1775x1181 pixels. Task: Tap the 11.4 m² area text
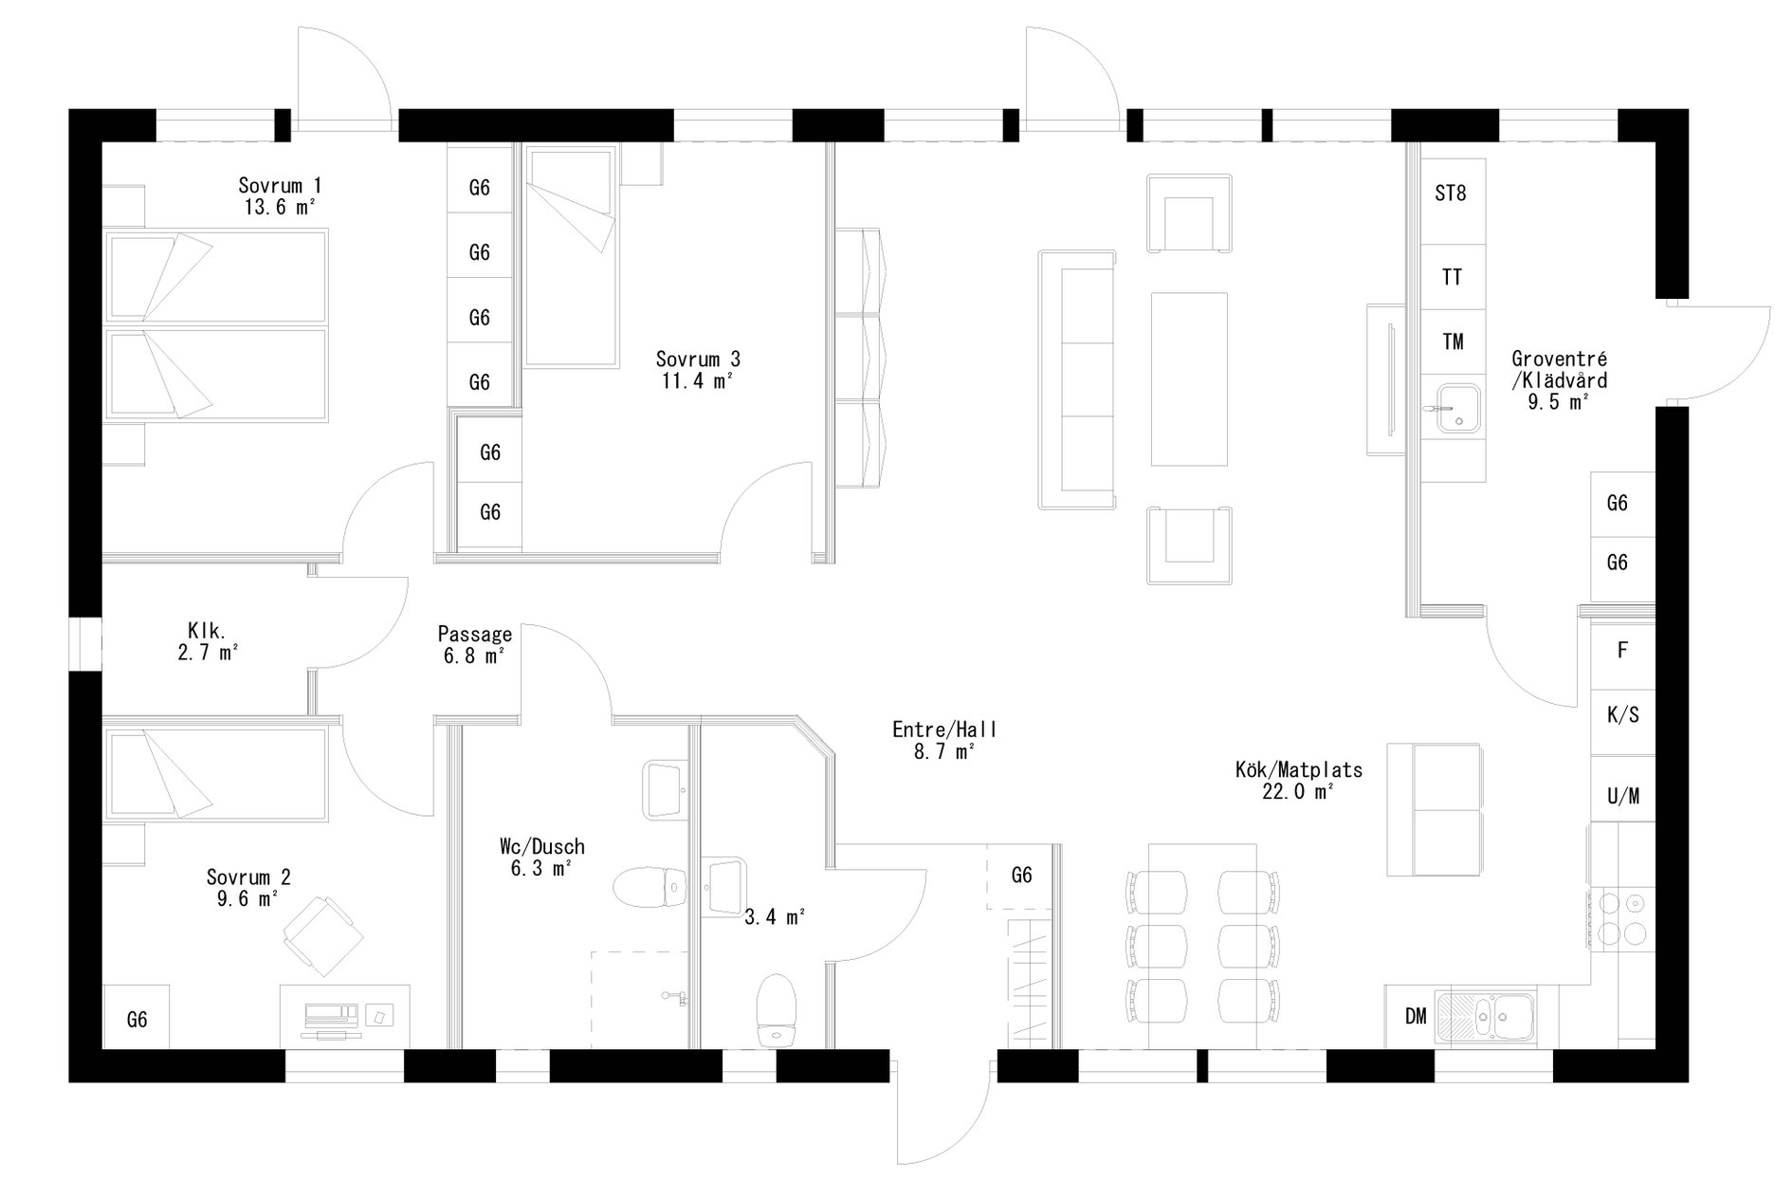(x=698, y=381)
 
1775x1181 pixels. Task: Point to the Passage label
(x=474, y=634)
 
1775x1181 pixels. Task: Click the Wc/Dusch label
(x=541, y=846)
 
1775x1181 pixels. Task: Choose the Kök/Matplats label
(x=1298, y=769)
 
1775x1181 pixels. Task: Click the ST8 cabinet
(x=1450, y=194)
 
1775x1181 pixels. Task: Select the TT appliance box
(x=1451, y=277)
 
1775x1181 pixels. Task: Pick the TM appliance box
(x=1452, y=341)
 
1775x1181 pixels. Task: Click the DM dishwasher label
(x=1415, y=1017)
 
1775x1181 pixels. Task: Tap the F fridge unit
(x=1622, y=651)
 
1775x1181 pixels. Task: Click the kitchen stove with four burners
(x=1622, y=917)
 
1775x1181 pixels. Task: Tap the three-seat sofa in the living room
(x=1077, y=379)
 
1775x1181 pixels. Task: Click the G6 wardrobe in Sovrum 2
(x=137, y=1020)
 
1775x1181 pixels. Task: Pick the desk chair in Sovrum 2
(x=322, y=934)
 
